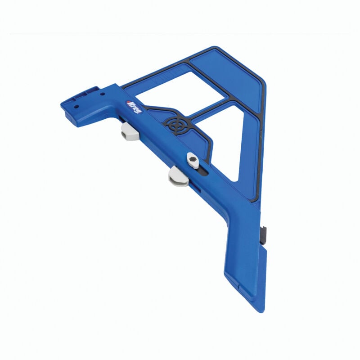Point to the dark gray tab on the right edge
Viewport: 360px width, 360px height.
[x=264, y=233]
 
